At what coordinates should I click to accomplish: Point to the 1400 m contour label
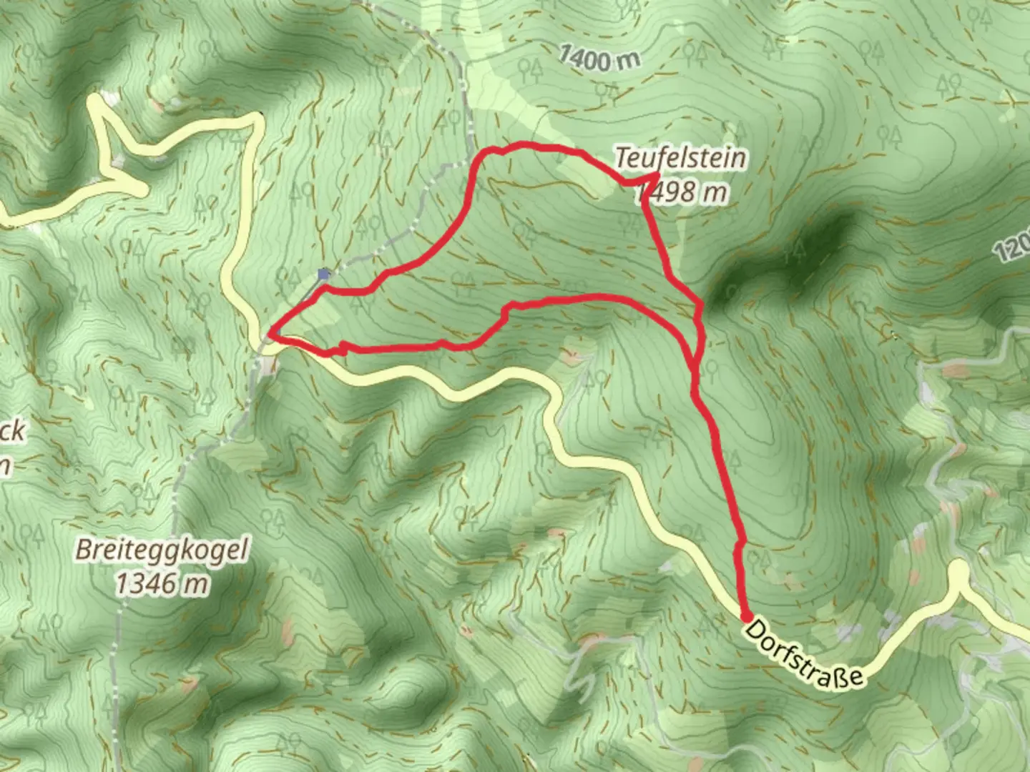point(599,56)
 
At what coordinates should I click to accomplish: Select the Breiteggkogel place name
point(162,551)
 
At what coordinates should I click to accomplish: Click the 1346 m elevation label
point(162,583)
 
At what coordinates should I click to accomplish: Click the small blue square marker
point(324,273)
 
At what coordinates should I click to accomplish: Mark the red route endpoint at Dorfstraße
point(745,617)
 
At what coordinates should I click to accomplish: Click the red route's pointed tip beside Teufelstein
point(657,175)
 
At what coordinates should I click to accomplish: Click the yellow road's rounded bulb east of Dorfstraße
point(958,569)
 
